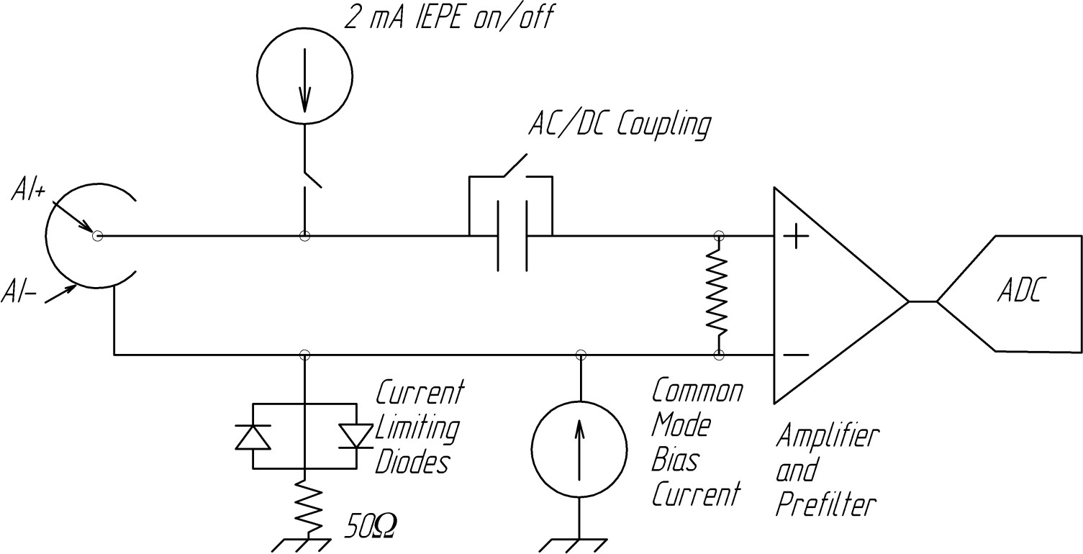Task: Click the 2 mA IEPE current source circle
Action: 304,74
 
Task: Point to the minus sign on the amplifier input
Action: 794,355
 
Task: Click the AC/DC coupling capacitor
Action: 512,236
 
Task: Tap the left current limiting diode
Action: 253,436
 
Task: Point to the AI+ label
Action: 28,189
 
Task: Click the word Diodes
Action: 412,462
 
